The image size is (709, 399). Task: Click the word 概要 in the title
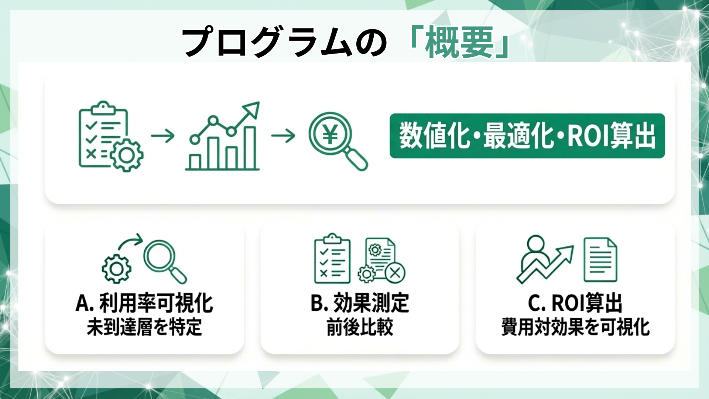tap(459, 42)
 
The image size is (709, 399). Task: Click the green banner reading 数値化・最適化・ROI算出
tap(527, 136)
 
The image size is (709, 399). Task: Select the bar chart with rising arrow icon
tap(223, 137)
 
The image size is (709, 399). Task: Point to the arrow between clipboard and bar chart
tap(162, 136)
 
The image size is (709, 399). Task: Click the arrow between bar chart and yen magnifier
tap(283, 136)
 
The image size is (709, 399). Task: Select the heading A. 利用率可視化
tap(144, 303)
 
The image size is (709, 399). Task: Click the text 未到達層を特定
tap(144, 327)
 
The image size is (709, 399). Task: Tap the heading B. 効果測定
tap(360, 303)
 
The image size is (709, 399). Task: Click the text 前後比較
tap(360, 327)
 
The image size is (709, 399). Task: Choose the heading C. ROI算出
tap(575, 303)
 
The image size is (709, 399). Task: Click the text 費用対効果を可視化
tap(575, 327)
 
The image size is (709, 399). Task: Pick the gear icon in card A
tap(116, 269)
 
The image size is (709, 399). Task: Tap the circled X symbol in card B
tap(395, 273)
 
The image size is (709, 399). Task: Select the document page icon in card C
tap(600, 260)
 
